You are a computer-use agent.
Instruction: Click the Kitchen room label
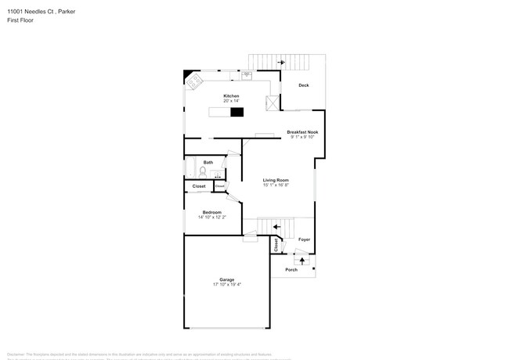coord(231,96)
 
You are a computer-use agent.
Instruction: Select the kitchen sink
coord(246,76)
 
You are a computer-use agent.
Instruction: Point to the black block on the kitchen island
coord(236,112)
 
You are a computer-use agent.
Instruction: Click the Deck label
coord(303,85)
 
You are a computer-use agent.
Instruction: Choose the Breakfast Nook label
coord(302,132)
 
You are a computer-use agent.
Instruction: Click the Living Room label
coord(276,180)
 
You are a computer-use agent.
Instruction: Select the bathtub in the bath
coord(190,167)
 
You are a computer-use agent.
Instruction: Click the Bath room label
coord(208,162)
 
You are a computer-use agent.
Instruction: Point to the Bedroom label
coord(211,212)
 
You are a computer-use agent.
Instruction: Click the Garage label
coord(226,279)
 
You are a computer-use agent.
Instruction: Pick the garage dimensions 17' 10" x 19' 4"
coord(226,285)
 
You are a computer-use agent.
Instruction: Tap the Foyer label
coord(304,239)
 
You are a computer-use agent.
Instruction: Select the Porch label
coord(291,270)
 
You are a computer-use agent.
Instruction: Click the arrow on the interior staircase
coord(276,227)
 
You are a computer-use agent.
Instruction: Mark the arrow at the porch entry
coord(302,257)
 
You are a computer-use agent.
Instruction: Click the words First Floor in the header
coord(20,20)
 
